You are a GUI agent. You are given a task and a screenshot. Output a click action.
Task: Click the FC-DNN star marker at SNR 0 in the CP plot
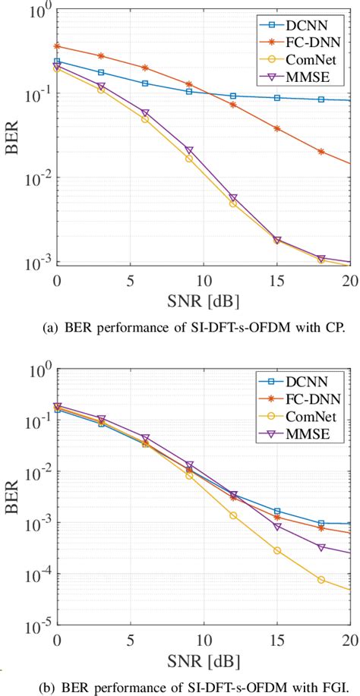(x=57, y=46)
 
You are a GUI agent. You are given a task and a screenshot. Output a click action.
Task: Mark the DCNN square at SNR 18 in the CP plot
(x=321, y=99)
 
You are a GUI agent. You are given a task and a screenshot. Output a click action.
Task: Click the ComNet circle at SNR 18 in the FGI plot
(x=321, y=580)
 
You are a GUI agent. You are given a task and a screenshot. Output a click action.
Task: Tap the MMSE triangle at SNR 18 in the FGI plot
(x=321, y=547)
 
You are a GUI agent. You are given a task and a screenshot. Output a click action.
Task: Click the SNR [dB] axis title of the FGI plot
(x=204, y=659)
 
